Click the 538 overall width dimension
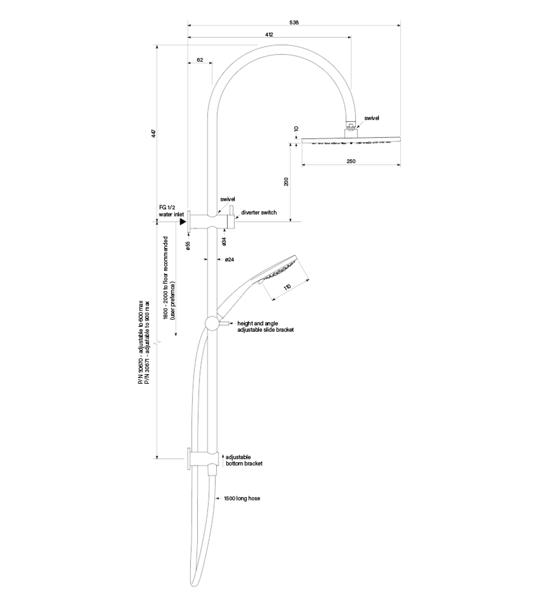pyautogui.click(x=294, y=22)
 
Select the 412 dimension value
pyautogui.click(x=269, y=34)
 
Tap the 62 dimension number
pyautogui.click(x=200, y=60)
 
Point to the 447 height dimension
pyautogui.click(x=154, y=133)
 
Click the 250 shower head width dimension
pyautogui.click(x=351, y=161)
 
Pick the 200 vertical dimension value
pyautogui.click(x=286, y=182)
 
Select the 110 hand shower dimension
pyautogui.click(x=287, y=287)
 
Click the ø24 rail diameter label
pyautogui.click(x=229, y=260)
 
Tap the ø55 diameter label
pyautogui.click(x=188, y=245)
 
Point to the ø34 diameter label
pyautogui.click(x=224, y=241)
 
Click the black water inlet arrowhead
pyautogui.click(x=183, y=221)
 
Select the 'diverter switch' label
pyautogui.click(x=259, y=212)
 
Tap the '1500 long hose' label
pyautogui.click(x=242, y=498)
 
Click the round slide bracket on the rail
pyautogui.click(x=212, y=323)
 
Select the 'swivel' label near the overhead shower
pyautogui.click(x=372, y=118)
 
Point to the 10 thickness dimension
pyautogui.click(x=296, y=129)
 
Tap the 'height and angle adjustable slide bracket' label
pyautogui.click(x=265, y=326)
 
